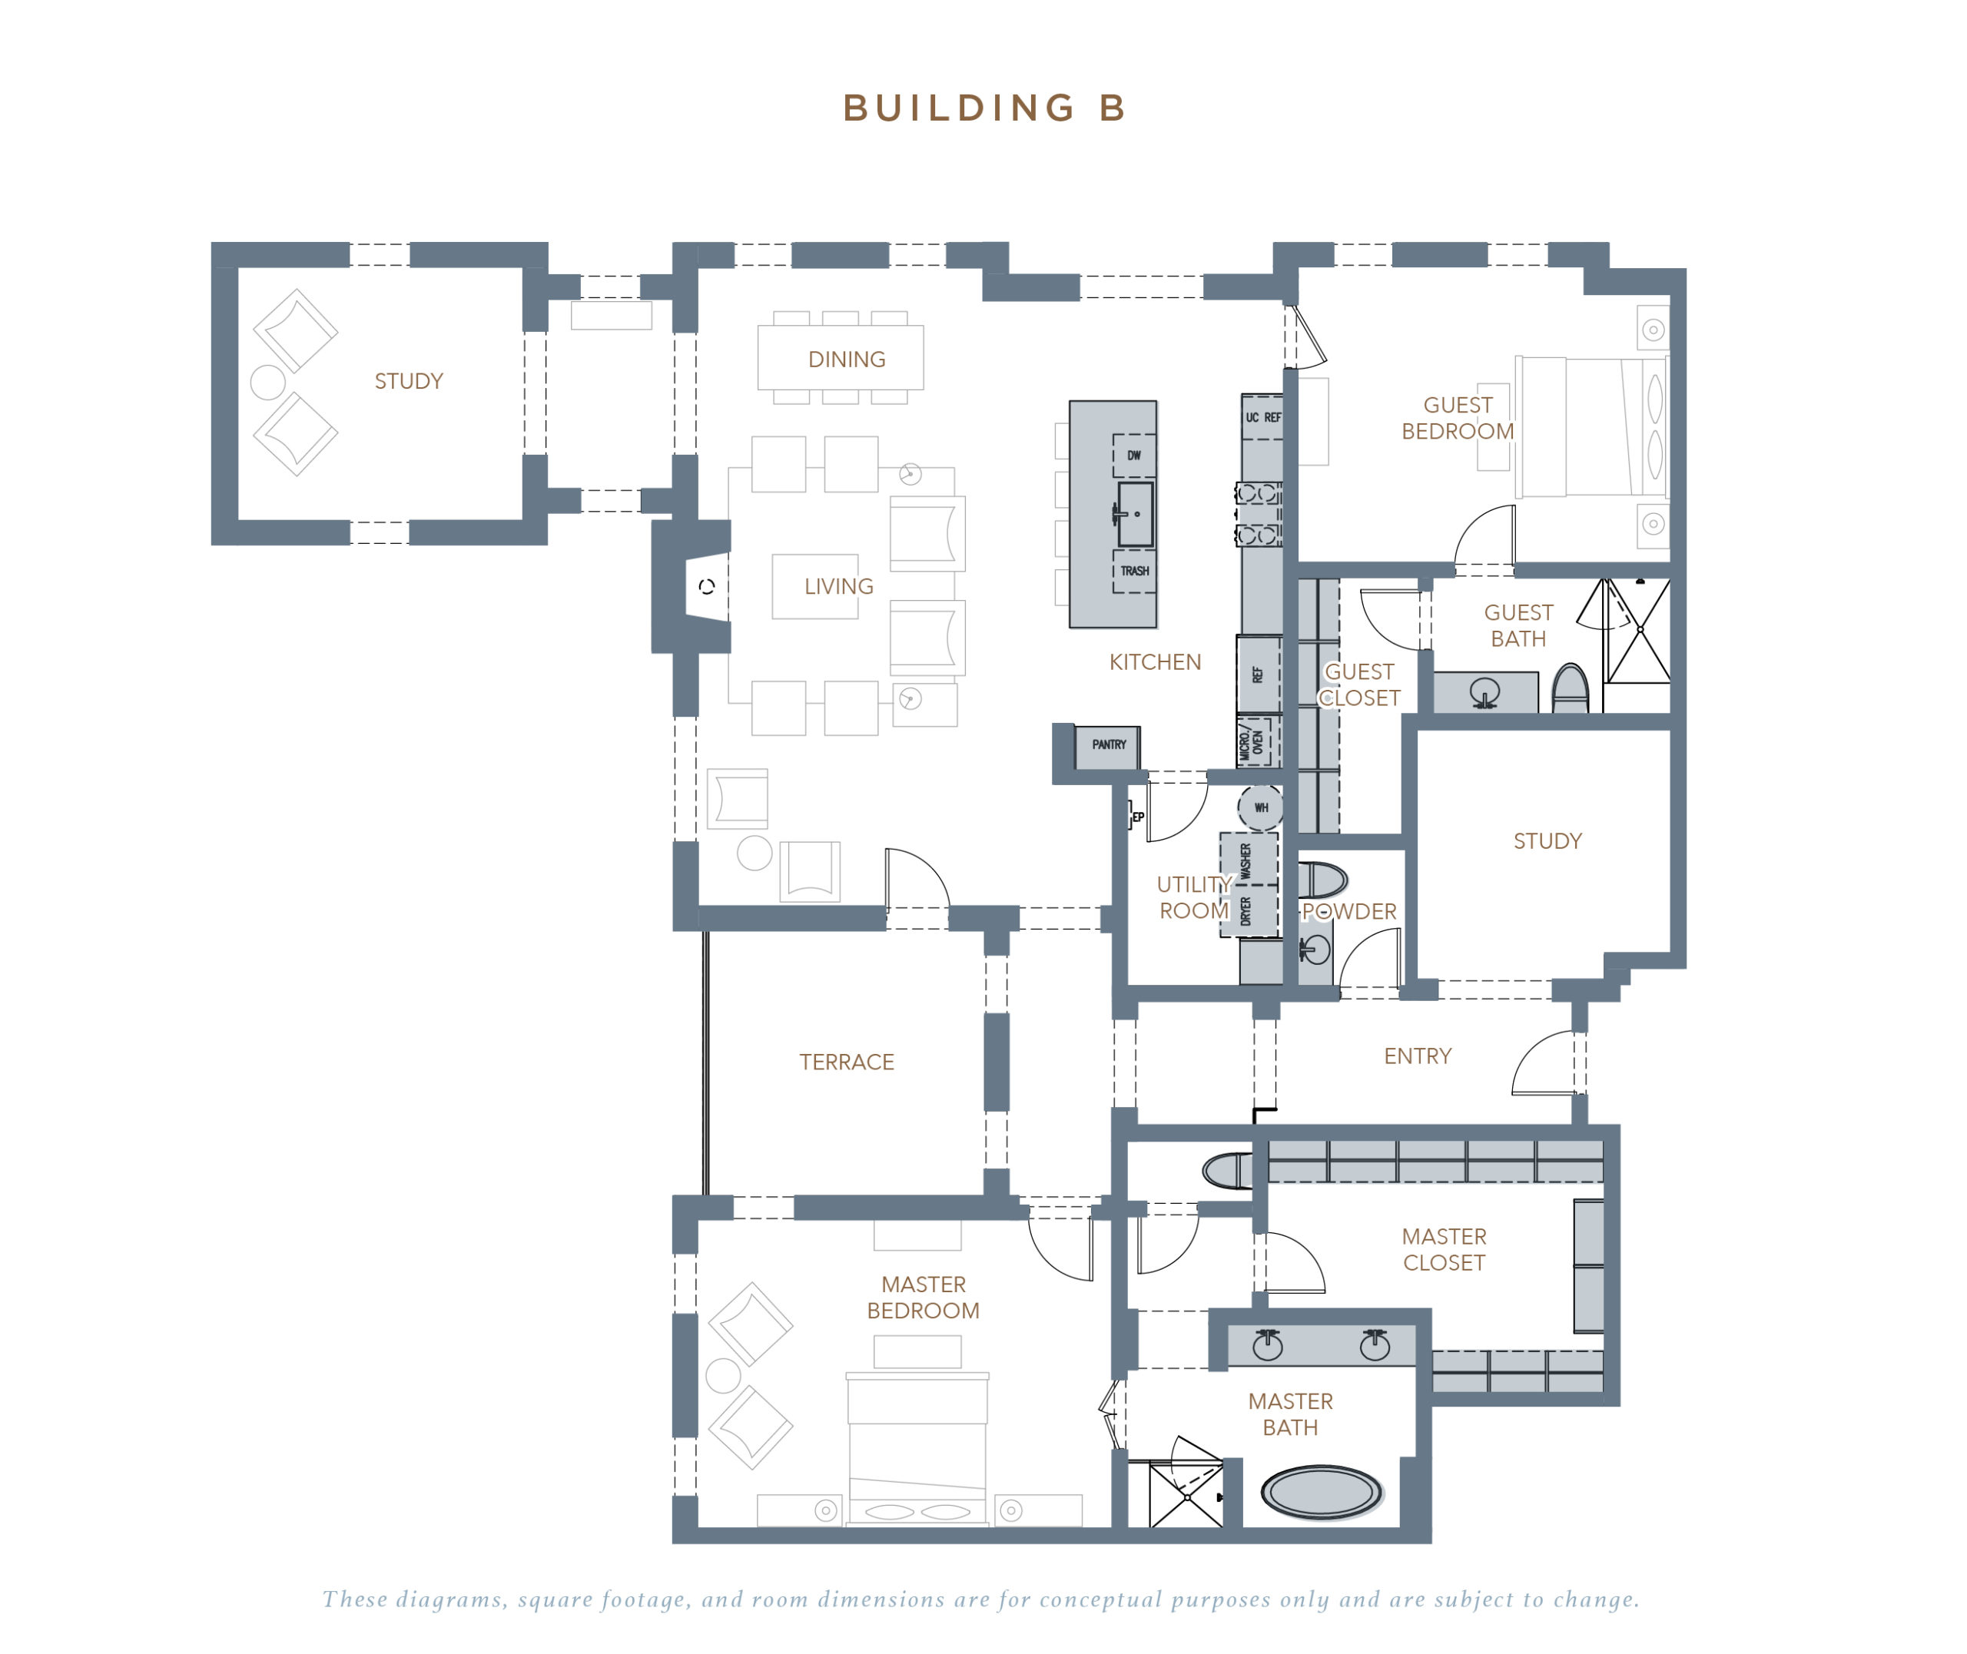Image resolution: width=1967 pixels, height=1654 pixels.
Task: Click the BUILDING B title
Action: point(983,108)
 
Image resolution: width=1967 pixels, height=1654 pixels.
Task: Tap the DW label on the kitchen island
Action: point(1133,456)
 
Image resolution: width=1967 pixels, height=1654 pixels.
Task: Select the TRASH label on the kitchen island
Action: point(1133,570)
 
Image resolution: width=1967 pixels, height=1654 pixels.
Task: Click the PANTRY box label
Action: point(1108,744)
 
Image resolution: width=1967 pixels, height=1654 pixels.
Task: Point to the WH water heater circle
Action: point(1260,807)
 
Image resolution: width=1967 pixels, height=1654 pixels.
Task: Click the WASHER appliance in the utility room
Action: point(1247,860)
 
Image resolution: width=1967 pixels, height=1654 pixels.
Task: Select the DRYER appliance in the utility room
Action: point(1247,910)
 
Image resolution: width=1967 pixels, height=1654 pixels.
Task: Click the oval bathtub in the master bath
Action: point(1321,1493)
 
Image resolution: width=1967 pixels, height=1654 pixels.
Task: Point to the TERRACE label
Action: point(846,1062)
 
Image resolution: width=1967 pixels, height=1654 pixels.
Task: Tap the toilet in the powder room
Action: point(1321,880)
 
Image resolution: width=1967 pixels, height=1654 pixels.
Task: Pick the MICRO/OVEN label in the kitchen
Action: point(1252,744)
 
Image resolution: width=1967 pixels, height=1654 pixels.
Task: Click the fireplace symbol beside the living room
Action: point(707,587)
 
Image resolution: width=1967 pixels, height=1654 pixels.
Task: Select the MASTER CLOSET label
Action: point(1443,1249)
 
